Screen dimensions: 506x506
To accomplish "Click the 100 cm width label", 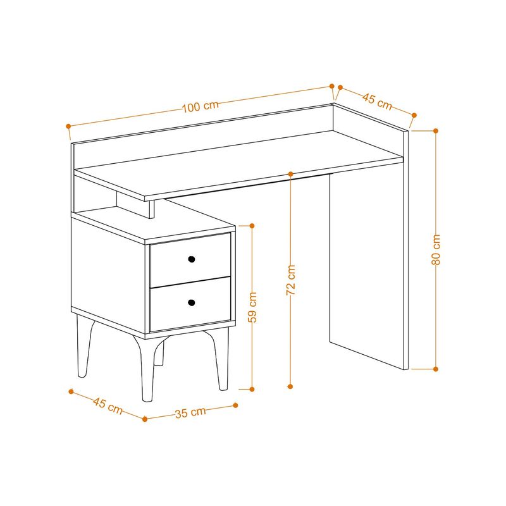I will click(x=201, y=107).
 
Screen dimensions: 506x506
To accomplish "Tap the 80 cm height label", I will click(x=436, y=250).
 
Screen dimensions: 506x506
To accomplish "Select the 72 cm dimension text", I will click(x=291, y=280).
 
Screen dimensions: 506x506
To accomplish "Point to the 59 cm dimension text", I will click(x=252, y=307).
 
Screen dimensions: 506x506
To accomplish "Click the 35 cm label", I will click(x=190, y=412).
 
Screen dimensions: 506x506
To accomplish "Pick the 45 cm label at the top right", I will click(x=377, y=100).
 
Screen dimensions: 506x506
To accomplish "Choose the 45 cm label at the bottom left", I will click(x=108, y=405).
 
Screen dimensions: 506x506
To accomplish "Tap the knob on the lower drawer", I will click(x=191, y=303).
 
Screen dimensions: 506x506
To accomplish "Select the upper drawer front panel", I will click(x=190, y=266).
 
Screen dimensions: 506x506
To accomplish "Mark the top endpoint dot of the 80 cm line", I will click(x=436, y=131).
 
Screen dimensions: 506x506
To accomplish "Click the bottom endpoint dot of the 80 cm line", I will click(x=436, y=368).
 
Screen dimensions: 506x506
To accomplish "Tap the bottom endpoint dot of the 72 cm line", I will click(x=291, y=385).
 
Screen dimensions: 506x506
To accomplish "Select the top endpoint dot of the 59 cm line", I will click(x=252, y=225).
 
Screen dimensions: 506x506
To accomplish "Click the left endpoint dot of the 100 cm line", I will click(x=68, y=126).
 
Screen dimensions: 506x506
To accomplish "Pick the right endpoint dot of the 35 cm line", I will click(x=235, y=405).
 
